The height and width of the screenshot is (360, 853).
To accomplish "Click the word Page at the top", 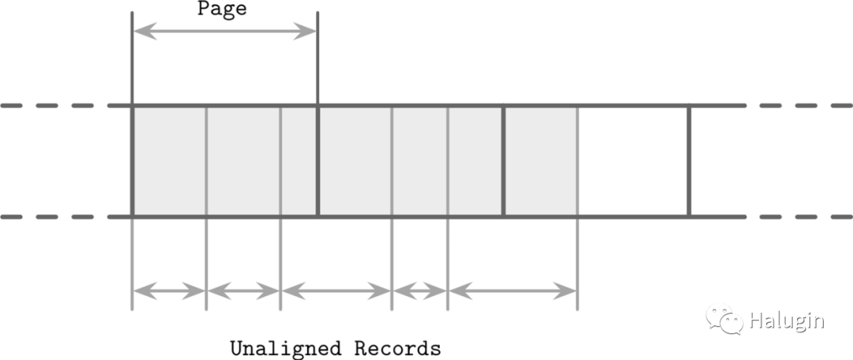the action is tap(222, 9).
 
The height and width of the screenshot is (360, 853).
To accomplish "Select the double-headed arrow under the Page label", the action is tap(224, 32).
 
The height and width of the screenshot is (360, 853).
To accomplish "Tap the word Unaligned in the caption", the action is tap(287, 348).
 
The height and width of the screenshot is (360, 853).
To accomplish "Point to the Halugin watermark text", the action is tap(786, 321).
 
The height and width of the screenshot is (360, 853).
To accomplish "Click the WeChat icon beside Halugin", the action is tap(724, 319).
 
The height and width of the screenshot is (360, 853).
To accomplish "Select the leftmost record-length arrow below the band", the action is tap(169, 291).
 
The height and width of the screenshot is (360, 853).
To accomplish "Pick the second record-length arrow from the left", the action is tap(243, 291).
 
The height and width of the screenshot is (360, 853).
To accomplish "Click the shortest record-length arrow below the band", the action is tap(419, 291).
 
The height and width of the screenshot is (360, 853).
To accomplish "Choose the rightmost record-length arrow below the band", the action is tap(513, 291).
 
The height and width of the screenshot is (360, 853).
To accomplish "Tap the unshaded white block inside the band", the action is tap(633, 161).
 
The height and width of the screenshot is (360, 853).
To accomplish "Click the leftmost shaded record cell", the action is tap(169, 161).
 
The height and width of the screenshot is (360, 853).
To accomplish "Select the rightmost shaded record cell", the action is tap(541, 161).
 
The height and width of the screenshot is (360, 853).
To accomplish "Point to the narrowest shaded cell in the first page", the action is tap(299, 161).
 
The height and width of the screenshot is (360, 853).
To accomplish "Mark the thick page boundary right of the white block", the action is tap(689, 161).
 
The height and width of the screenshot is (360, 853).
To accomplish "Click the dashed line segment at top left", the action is tap(47, 105).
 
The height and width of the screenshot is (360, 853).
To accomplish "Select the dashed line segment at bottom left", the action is tap(47, 216).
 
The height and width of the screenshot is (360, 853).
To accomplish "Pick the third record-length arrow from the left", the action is tap(336, 291).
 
